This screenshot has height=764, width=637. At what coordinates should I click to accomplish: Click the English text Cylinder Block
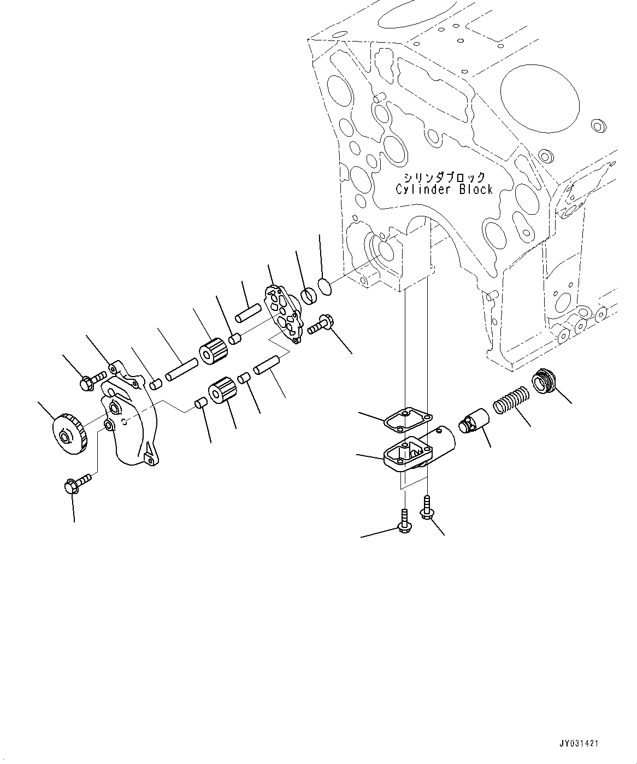(x=444, y=190)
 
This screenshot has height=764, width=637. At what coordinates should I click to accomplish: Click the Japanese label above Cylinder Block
(x=444, y=177)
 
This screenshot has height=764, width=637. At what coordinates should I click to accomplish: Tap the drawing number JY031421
(x=579, y=743)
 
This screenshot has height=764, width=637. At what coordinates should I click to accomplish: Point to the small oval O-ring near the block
(x=325, y=286)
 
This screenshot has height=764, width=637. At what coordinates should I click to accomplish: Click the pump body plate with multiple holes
(x=283, y=313)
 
